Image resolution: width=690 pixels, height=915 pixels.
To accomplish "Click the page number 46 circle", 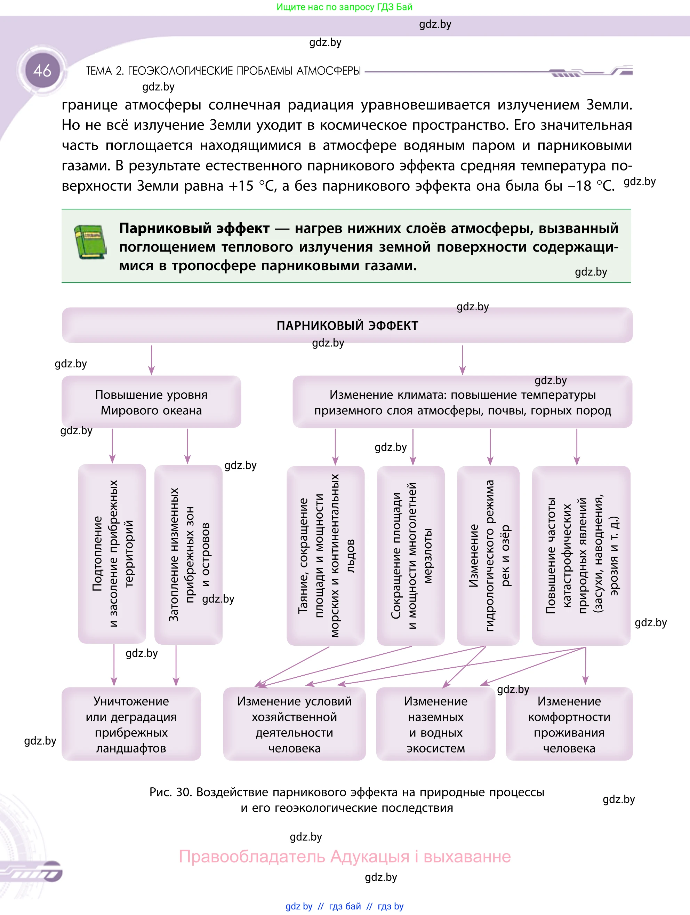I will coord(42,70).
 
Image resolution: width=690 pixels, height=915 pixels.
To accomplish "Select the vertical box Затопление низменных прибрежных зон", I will coord(188,554).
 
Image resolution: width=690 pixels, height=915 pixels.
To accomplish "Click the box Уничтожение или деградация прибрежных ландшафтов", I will coord(131,724).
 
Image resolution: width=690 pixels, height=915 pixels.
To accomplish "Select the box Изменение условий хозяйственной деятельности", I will coord(294,724).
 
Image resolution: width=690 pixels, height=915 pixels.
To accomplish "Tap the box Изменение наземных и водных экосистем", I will coord(435,724).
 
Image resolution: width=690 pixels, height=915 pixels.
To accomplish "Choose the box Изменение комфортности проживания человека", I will coord(569,724).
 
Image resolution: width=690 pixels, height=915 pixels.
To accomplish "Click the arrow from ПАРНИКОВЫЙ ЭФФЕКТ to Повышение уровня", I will coord(151,360).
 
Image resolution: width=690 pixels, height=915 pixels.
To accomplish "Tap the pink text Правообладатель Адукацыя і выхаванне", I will coord(345,856).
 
